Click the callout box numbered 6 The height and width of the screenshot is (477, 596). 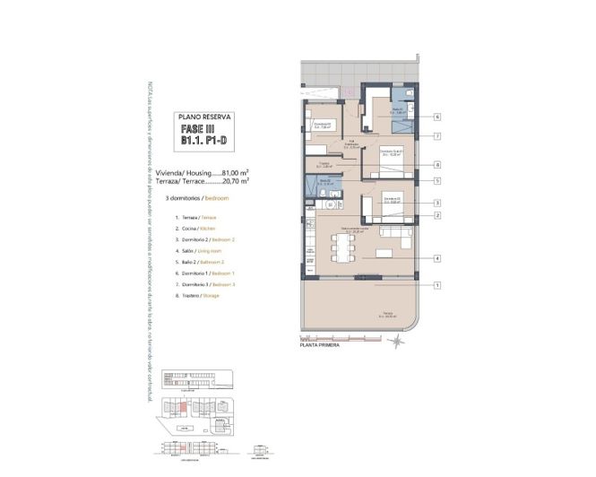pos(436,117)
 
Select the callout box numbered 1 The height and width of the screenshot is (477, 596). pos(436,285)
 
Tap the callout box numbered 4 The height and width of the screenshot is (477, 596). pos(436,259)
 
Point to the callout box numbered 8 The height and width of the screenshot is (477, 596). pos(436,165)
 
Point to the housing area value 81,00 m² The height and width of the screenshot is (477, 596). pos(234,172)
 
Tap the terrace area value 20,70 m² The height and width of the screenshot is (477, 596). pos(234,180)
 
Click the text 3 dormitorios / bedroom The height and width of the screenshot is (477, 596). pos(203,195)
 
